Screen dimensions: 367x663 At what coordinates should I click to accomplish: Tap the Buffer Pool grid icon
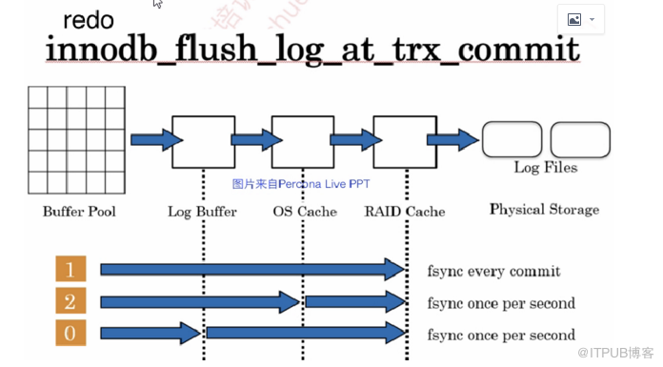click(76, 139)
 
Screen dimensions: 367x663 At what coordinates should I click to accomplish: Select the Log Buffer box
click(203, 141)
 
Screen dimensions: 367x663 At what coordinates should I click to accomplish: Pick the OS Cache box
click(302, 141)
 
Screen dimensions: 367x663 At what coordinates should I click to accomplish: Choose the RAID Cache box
click(404, 141)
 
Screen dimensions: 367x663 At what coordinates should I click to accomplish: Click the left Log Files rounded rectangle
click(512, 140)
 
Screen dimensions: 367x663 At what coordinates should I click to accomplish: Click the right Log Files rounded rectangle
click(579, 140)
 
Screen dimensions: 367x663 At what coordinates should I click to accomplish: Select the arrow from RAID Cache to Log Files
click(452, 140)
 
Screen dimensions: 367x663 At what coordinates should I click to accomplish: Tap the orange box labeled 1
click(70, 269)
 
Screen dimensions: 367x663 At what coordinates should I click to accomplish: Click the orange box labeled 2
click(70, 302)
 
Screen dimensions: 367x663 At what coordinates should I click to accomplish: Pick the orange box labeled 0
click(70, 334)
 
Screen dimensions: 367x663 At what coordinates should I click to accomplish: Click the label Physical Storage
click(544, 209)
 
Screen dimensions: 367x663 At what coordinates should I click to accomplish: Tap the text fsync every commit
click(493, 271)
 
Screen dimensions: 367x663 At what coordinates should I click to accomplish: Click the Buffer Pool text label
click(79, 211)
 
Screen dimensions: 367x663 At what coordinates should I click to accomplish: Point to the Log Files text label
click(545, 168)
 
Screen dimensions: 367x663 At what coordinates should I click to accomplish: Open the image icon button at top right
click(580, 19)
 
